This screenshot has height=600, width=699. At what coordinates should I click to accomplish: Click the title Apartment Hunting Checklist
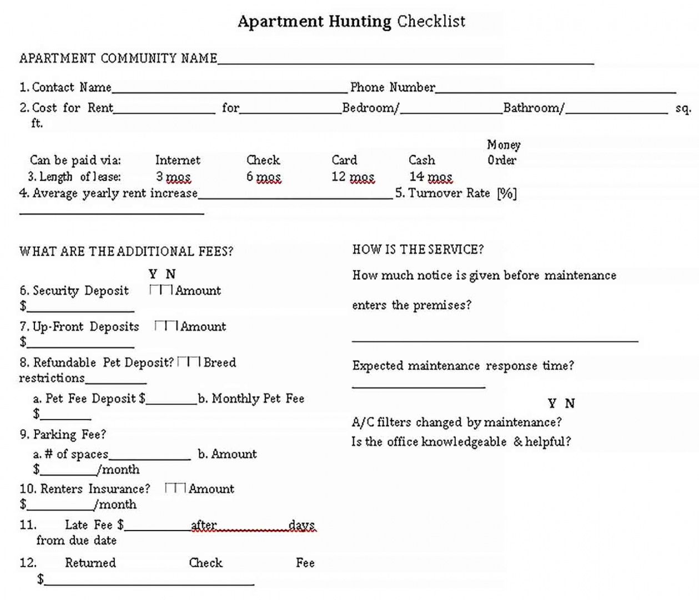pos(351,22)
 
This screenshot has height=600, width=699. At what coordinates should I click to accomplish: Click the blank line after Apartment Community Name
pos(405,61)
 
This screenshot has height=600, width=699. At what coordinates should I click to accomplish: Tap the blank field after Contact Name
pos(229,89)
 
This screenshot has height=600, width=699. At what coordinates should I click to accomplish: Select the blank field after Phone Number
pos(555,89)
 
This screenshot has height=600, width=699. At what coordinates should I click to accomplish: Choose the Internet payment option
pos(178,161)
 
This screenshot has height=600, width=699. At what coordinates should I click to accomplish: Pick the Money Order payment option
pos(503,153)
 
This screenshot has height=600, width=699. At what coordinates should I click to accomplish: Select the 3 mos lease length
pos(173,177)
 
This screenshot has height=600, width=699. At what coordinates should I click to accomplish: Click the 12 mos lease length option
pos(353,177)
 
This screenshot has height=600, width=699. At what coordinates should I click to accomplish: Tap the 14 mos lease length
pos(430,177)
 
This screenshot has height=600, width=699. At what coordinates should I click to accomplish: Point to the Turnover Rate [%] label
pos(455,193)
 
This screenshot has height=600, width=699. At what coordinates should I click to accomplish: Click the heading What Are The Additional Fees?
pos(126,252)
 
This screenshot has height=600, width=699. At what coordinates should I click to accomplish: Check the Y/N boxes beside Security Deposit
pos(161,290)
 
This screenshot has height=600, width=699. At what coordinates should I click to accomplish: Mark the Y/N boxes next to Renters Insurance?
pos(175,488)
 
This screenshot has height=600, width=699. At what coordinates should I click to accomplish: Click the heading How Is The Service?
pos(418,250)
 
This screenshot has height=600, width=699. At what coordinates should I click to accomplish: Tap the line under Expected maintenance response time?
pos(418,386)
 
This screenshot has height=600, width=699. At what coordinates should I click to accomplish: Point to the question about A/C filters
pos(456,423)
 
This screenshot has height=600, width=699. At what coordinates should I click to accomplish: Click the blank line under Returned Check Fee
pos(149,582)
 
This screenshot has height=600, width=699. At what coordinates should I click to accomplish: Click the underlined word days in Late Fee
pos(302,526)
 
